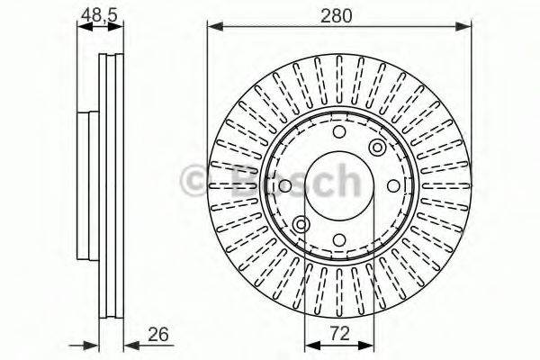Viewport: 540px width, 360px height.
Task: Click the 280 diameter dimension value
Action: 341,14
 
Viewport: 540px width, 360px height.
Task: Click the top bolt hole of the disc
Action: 339,132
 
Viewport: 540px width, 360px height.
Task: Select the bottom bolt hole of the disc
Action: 339,240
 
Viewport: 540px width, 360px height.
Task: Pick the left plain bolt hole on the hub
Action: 285,186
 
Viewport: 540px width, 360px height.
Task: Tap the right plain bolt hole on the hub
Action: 393,186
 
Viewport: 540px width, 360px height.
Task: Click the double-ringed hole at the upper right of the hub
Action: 377,148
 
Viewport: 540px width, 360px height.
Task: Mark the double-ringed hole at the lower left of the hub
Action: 301,224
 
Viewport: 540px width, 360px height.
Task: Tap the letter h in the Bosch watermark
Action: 342,179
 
